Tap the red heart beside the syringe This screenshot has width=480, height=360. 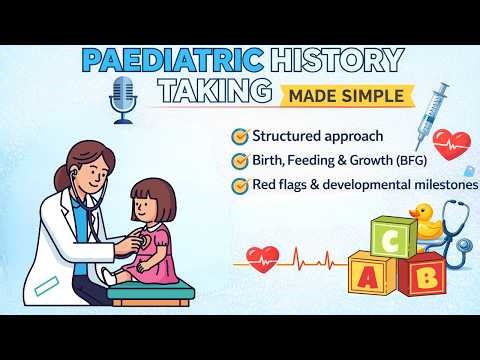click(455, 142)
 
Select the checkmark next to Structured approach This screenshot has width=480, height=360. click(239, 135)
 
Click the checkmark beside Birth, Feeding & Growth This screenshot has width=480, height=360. click(239, 160)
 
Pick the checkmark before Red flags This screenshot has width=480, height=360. click(239, 185)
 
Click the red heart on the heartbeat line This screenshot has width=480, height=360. click(263, 259)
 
